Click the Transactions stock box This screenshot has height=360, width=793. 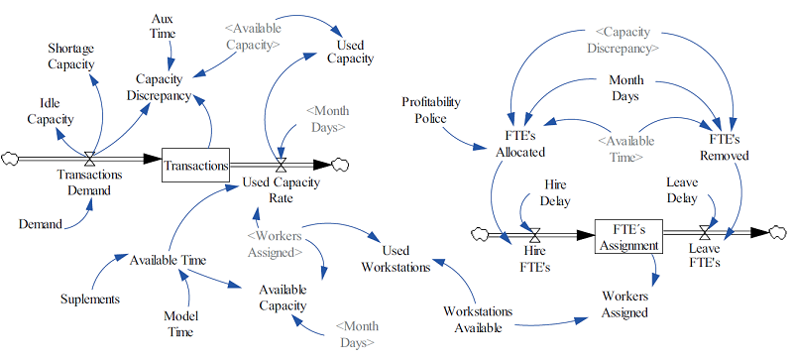[195, 166]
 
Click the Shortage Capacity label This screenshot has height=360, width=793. [70, 57]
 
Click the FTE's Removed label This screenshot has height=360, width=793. [724, 148]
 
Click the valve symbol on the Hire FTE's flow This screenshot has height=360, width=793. [534, 234]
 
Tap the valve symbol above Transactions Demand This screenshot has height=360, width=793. [90, 158]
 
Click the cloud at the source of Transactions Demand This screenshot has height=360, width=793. [12, 158]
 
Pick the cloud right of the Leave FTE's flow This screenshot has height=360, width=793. [781, 233]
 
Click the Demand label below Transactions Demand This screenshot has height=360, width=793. [41, 225]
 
